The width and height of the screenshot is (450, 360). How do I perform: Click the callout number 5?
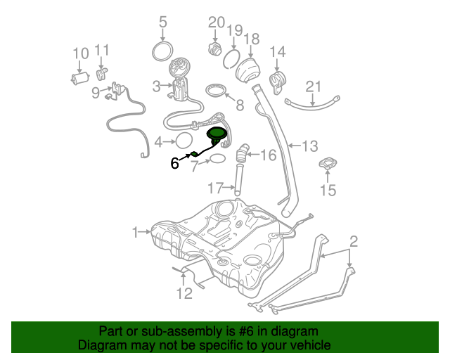coord(163,22)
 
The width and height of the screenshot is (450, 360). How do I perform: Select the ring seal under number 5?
coord(163,51)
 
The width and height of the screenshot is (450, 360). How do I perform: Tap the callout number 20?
coord(216,22)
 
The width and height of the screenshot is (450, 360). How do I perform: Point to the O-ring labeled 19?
coord(232,59)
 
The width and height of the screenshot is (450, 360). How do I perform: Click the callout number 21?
coord(313,86)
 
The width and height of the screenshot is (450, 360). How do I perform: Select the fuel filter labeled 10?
coord(79,77)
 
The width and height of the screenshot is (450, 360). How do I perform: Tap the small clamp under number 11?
coord(101,73)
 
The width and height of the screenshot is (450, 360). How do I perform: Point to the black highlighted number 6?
coord(175,163)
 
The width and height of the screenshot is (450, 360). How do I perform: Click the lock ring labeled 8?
coord(218,91)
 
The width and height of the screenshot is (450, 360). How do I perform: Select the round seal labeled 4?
coord(184,141)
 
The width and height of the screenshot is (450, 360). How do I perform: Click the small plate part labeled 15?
coord(328,167)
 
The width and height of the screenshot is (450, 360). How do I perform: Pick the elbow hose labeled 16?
coord(243,151)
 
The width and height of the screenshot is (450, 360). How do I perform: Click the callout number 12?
coord(184,292)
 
